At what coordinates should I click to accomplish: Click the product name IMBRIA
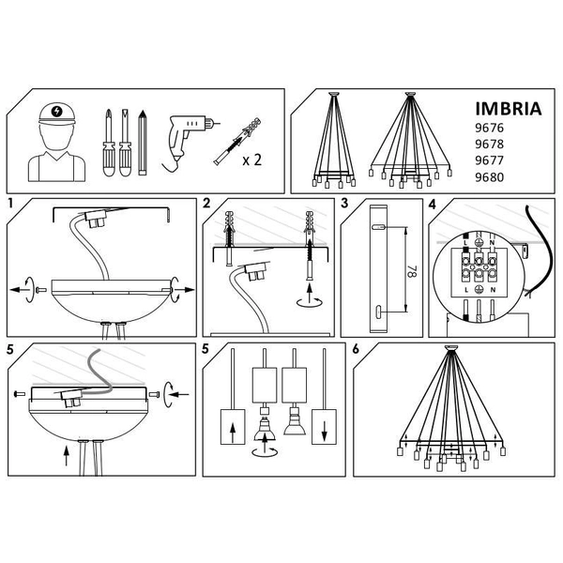pyautogui.click(x=509, y=108)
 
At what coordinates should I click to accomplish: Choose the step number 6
pyautogui.click(x=356, y=349)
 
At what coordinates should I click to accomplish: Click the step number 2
pyautogui.click(x=206, y=204)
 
